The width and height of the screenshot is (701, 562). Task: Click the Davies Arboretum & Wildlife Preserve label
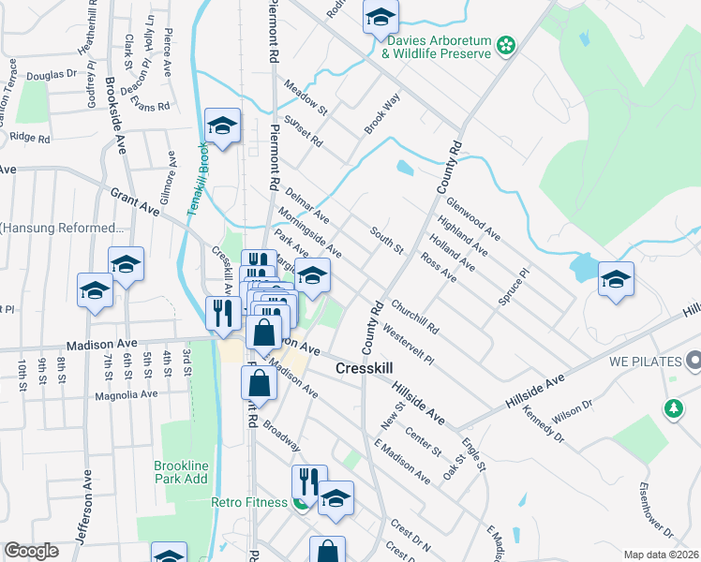point(436,47)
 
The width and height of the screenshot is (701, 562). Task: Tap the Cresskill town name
point(369,370)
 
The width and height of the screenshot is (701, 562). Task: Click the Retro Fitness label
point(249,503)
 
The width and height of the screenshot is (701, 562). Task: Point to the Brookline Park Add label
point(182,472)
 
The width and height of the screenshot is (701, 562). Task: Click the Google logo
point(31,551)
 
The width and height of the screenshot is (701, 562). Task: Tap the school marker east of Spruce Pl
point(617,279)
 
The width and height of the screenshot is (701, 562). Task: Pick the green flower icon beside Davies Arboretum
point(505,44)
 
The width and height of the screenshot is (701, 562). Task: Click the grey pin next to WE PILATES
point(693,360)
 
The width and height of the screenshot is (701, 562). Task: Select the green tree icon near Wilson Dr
point(673,407)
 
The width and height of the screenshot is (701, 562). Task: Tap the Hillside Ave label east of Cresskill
point(417,399)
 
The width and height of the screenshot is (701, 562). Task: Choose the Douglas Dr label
point(52,74)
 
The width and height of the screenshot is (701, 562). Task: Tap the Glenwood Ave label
point(472,214)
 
